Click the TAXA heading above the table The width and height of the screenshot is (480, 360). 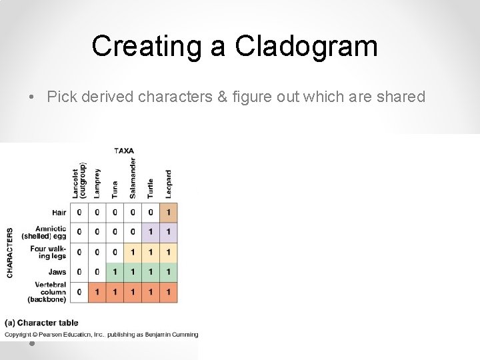(x=123, y=151)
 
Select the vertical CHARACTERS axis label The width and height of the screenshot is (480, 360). (x=10, y=253)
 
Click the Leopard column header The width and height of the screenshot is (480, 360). (x=168, y=183)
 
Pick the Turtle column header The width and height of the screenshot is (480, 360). (x=150, y=187)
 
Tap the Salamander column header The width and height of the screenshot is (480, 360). (x=133, y=177)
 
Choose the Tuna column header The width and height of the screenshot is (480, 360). (x=115, y=189)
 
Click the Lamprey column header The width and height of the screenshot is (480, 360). (x=97, y=183)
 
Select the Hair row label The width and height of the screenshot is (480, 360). (x=59, y=213)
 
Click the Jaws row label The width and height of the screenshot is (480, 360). (x=57, y=272)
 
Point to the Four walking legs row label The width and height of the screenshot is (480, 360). (x=48, y=252)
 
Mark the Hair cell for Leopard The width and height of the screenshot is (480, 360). (x=168, y=212)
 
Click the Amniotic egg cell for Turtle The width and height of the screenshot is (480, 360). (x=150, y=232)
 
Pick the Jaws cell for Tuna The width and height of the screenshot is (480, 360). (x=115, y=272)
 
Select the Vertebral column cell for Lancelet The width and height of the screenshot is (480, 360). (x=79, y=292)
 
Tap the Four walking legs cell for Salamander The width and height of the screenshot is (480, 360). (x=133, y=252)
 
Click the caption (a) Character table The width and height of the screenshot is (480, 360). (x=41, y=323)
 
